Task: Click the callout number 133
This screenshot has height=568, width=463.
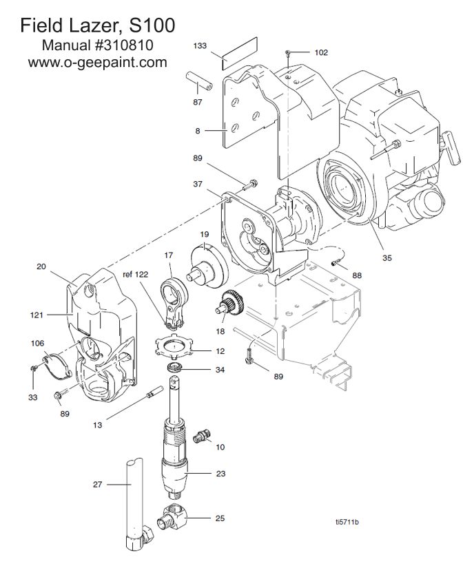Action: (x=200, y=45)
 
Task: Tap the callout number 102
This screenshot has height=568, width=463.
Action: (x=321, y=52)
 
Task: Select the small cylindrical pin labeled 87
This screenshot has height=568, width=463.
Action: (x=199, y=81)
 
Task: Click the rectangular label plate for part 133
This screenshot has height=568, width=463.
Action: (x=239, y=53)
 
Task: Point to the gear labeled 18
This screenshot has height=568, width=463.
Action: (x=230, y=302)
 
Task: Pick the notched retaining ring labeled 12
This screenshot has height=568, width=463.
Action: (x=174, y=346)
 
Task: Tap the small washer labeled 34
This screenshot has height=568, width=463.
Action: (x=174, y=368)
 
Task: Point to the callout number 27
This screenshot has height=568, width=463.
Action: (x=98, y=484)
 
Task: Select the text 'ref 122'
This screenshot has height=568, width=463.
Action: (x=136, y=274)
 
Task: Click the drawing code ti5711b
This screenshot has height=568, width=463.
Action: (x=347, y=522)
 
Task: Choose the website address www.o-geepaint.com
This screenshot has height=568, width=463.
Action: (x=98, y=62)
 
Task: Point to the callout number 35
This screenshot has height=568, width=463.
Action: (x=387, y=258)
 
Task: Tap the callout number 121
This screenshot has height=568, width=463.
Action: (x=37, y=315)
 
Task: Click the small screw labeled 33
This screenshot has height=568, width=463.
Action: (x=33, y=369)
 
